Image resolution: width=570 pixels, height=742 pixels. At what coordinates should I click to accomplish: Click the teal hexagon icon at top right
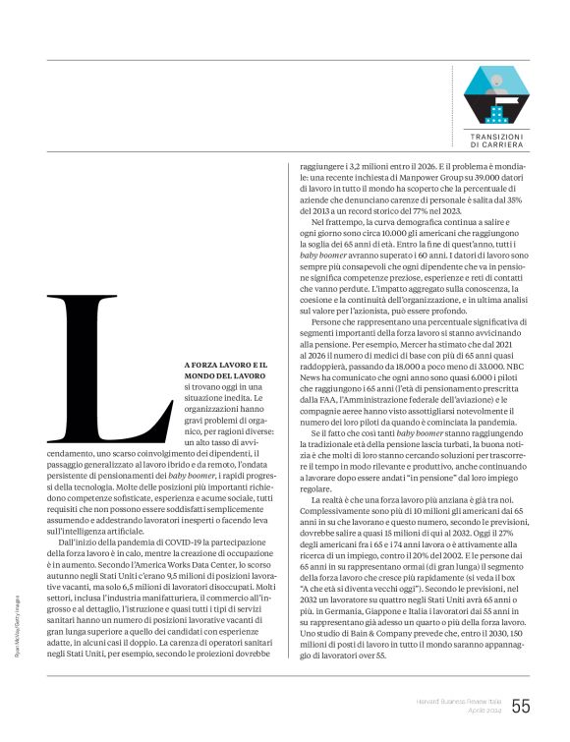tap(495, 95)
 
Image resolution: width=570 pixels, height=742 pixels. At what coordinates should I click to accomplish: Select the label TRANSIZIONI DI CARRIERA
tap(495, 140)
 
